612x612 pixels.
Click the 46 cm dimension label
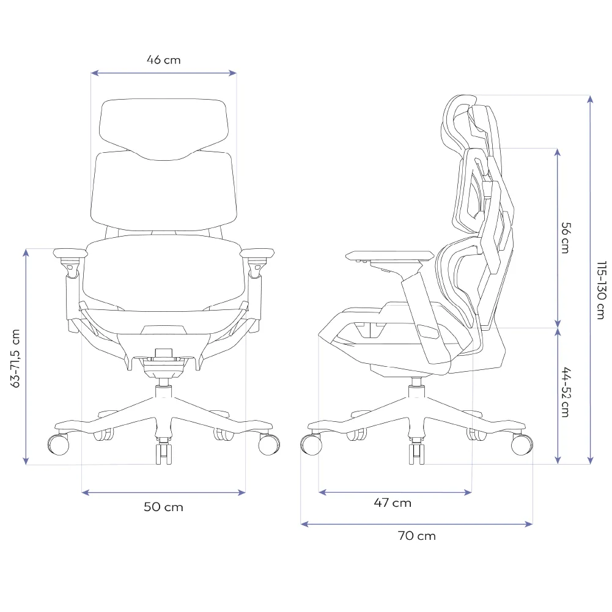163,60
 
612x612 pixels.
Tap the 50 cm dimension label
163,507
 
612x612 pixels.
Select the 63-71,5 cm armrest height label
15,358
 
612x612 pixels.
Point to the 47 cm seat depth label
393,503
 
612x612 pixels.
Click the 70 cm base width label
416,536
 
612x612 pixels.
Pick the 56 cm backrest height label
565,238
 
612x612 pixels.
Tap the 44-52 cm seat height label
565,392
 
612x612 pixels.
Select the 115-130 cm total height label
602,290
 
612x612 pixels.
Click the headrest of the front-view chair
163,129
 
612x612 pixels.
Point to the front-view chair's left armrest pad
70,253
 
